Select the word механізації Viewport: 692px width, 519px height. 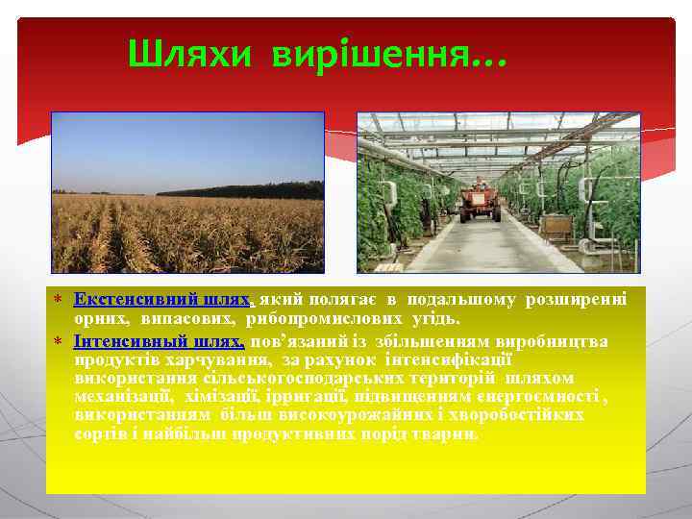(x=122, y=397)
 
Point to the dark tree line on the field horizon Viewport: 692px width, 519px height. (x=240, y=190)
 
